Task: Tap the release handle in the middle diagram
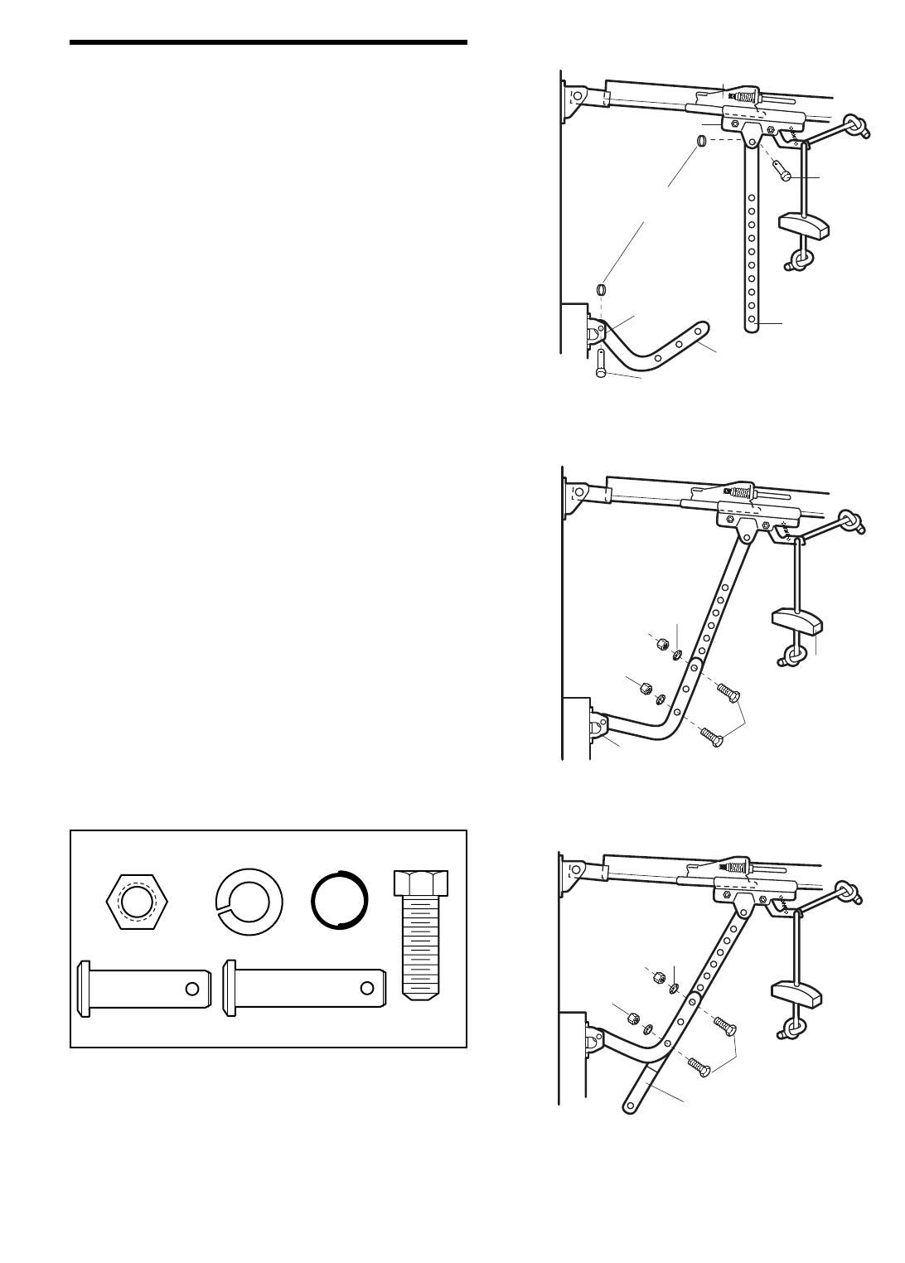tap(796, 620)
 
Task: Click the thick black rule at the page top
tap(269, 41)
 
